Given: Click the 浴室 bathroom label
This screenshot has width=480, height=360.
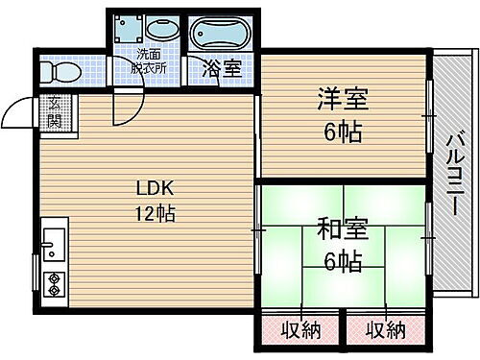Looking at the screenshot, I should [x=223, y=69].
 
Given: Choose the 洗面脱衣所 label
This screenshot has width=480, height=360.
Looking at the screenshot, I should [x=149, y=61].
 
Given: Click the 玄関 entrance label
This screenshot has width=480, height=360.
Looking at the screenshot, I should [x=55, y=112].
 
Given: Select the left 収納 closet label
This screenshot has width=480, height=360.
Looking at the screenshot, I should [x=300, y=331].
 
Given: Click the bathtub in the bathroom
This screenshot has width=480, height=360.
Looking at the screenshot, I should [x=222, y=35].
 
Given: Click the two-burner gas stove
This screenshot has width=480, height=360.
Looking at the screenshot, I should [x=55, y=283].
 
